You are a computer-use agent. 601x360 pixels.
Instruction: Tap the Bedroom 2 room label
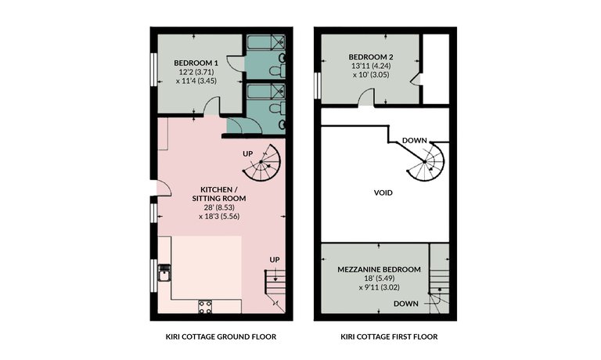pyautogui.click(x=371, y=57)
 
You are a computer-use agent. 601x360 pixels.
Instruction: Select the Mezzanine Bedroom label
pyautogui.click(x=379, y=269)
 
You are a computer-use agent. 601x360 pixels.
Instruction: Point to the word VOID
pyautogui.click(x=383, y=193)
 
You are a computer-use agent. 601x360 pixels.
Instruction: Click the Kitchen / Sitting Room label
pyautogui.click(x=219, y=194)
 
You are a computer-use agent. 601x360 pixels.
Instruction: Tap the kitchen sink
pyautogui.click(x=164, y=272)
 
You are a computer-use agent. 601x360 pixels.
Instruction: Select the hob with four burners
pyautogui.click(x=205, y=307)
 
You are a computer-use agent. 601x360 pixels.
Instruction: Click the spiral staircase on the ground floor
pyautogui.click(x=262, y=163)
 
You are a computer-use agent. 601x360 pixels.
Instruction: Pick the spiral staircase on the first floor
pyautogui.click(x=426, y=162)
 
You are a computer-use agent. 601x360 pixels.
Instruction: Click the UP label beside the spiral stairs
pyautogui.click(x=247, y=153)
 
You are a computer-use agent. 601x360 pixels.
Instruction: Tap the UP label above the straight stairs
pyautogui.click(x=275, y=260)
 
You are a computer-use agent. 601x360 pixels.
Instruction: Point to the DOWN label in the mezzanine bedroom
pyautogui.click(x=406, y=304)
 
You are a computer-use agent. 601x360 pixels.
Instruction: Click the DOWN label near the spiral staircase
pyautogui.click(x=414, y=140)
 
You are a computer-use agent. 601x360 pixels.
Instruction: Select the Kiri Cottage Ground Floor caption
pyautogui.click(x=221, y=337)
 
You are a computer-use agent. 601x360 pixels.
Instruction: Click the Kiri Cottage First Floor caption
pyautogui.click(x=389, y=337)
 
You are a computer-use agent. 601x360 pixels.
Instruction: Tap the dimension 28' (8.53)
pyautogui.click(x=219, y=207)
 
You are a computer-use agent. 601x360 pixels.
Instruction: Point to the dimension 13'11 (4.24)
pyautogui.click(x=371, y=66)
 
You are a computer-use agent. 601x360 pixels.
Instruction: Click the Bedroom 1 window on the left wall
pyautogui.click(x=153, y=69)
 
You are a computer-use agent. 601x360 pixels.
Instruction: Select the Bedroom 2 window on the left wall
pyautogui.click(x=318, y=85)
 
